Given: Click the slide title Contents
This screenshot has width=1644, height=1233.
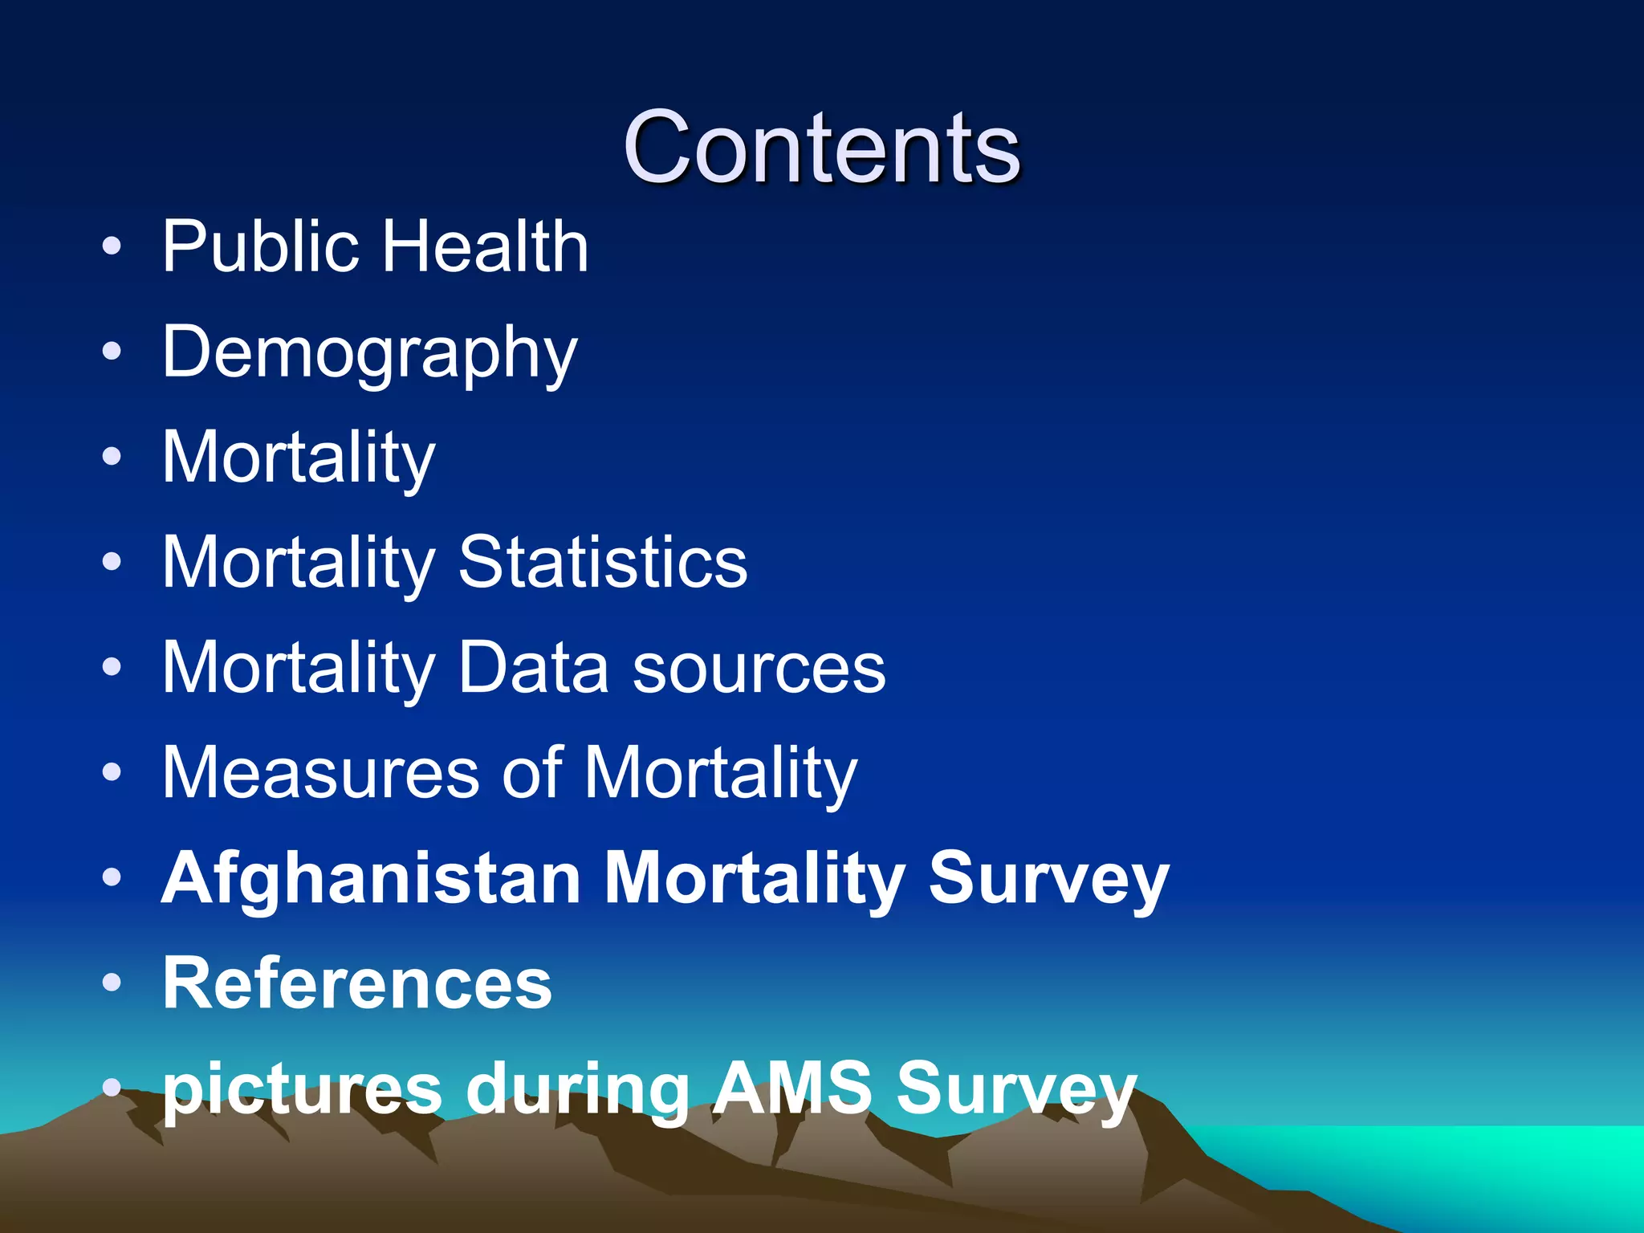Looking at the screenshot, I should pyautogui.click(x=821, y=148).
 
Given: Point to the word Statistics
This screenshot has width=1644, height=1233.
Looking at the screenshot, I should pyautogui.click(x=602, y=562).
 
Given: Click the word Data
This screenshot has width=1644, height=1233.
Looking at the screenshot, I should pyautogui.click(x=533, y=668).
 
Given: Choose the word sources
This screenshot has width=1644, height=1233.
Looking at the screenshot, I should pyautogui.click(x=759, y=669).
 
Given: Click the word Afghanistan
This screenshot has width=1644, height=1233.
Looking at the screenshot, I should pyautogui.click(x=371, y=879).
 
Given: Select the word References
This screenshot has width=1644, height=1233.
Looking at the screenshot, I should pyautogui.click(x=357, y=984).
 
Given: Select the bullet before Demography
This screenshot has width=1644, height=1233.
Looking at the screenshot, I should pyautogui.click(x=112, y=351).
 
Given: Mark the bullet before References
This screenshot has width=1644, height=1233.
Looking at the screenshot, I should pyautogui.click(x=112, y=983).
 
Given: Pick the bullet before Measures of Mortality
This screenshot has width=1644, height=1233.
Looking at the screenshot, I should pyautogui.click(x=112, y=772).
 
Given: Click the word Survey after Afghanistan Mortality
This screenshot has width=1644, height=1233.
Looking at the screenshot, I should pyautogui.click(x=1048, y=879).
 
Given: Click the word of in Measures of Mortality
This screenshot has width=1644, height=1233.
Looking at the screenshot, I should pyautogui.click(x=531, y=773).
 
